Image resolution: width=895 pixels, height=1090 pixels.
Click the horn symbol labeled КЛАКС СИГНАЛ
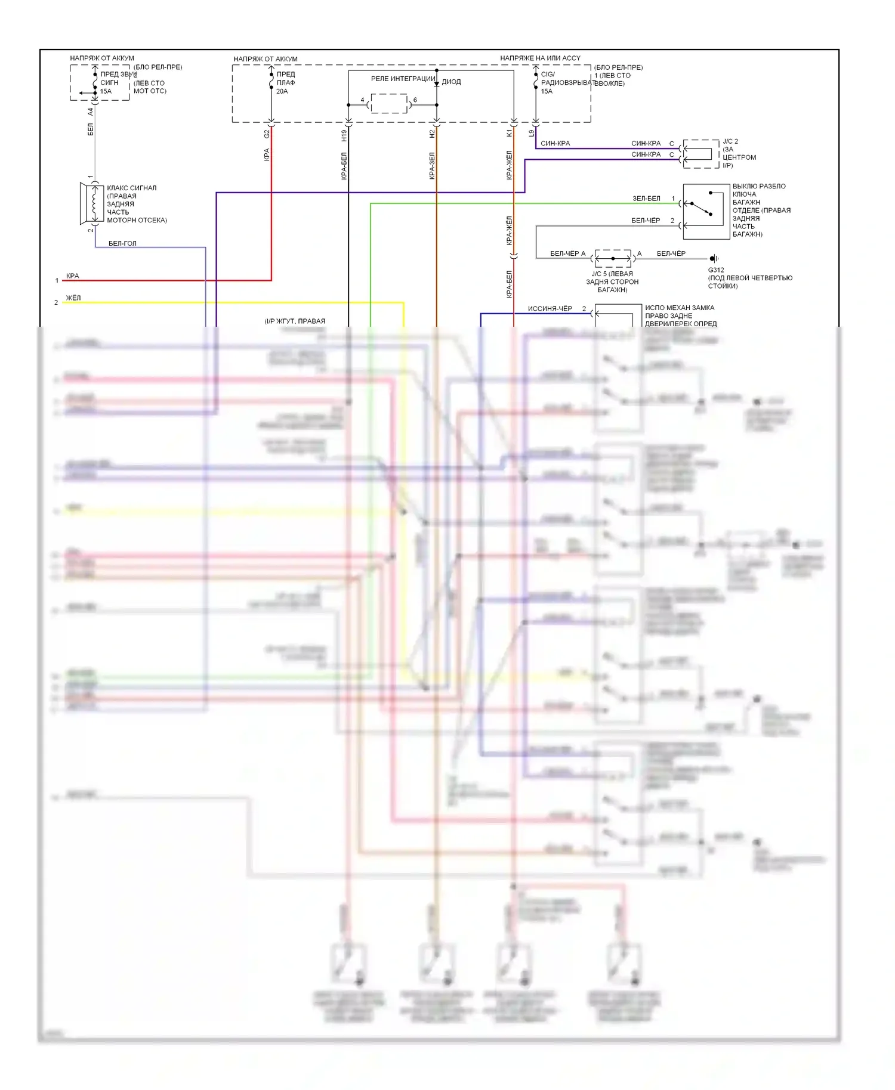92,204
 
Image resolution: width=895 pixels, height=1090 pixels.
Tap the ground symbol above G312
713,258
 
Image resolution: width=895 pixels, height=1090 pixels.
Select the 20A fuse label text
282,91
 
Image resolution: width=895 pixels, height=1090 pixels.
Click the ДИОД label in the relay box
451,82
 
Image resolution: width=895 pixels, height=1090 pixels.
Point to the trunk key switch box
706,211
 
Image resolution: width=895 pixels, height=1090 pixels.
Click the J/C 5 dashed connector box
613,258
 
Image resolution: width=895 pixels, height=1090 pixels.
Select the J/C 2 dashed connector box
700,154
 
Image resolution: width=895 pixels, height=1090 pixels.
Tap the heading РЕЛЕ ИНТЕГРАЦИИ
403,79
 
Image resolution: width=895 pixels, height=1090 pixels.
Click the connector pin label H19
344,135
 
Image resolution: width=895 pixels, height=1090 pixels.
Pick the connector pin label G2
267,134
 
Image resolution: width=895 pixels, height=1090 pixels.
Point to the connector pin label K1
509,134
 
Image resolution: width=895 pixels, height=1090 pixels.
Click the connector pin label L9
531,134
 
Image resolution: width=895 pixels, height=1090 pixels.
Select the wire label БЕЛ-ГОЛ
122,243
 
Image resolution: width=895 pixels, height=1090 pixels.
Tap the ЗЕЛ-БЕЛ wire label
646,199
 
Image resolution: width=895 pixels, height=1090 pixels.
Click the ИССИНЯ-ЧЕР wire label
550,309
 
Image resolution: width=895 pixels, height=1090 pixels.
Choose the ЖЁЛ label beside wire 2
73,298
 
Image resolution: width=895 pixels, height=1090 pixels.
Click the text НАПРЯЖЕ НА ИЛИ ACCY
540,58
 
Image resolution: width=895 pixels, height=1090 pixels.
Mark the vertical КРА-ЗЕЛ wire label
432,166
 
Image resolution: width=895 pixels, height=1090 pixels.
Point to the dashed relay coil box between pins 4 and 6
389,104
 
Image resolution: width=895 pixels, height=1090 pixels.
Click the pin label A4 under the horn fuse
91,112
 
